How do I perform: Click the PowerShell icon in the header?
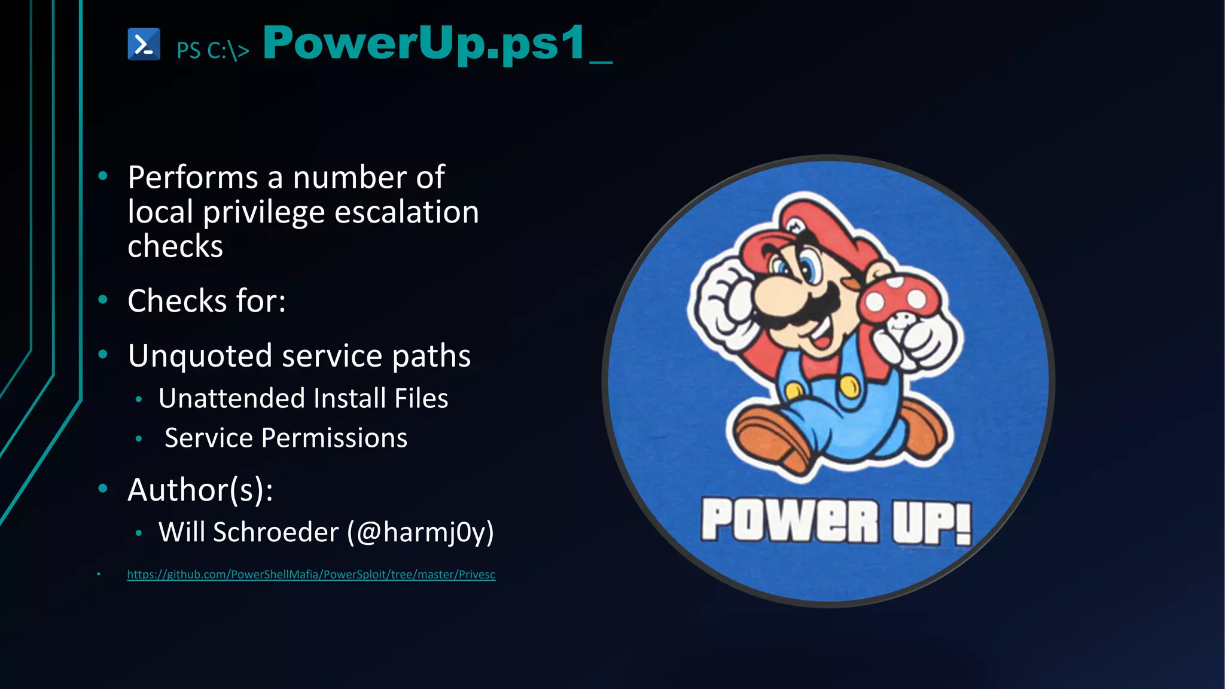144,44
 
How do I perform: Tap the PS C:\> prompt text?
212,51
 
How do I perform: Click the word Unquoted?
200,356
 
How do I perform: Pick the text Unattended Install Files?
303,398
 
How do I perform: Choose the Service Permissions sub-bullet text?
286,438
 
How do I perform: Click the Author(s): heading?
200,490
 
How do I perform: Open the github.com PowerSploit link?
311,575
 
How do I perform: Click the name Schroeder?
276,532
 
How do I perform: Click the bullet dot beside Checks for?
103,300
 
